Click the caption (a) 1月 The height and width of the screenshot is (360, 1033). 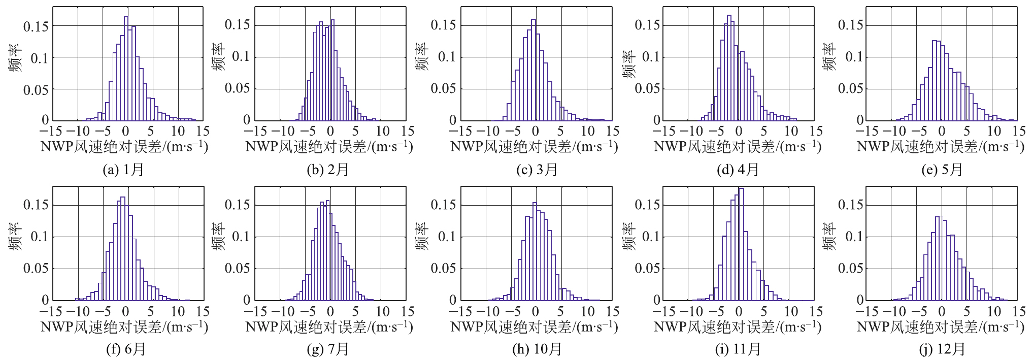(x=123, y=170)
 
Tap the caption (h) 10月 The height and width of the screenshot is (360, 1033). (x=537, y=349)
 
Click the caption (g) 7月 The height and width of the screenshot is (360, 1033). (x=327, y=349)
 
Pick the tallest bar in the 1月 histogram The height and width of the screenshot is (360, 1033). (x=126, y=69)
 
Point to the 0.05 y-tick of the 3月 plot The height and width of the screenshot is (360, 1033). (x=443, y=88)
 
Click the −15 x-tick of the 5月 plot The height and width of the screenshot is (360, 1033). (x=865, y=131)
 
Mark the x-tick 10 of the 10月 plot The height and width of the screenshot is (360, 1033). (x=588, y=311)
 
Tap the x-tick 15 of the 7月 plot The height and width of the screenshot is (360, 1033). (x=408, y=311)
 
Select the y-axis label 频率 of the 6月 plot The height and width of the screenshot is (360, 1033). (x=15, y=236)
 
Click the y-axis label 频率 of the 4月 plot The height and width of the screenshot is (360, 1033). (x=628, y=64)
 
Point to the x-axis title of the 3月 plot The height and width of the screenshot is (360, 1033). (x=534, y=147)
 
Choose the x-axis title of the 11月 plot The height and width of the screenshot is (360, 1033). (x=738, y=326)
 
